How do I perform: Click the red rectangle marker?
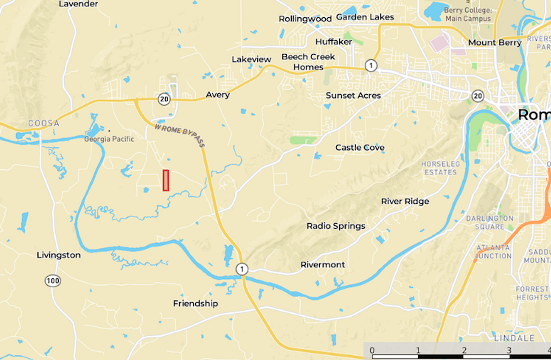click(165, 180)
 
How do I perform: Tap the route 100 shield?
click(53, 281)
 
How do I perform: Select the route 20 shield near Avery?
click(163, 99)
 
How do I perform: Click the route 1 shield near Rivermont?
click(241, 269)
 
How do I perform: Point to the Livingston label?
click(59, 255)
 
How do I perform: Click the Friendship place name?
click(195, 304)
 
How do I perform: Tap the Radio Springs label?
click(336, 226)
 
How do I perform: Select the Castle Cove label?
click(360, 148)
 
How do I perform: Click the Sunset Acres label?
click(353, 96)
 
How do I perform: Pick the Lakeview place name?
click(251, 60)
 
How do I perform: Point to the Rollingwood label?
click(305, 19)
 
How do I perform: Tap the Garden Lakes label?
click(365, 17)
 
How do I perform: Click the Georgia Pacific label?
click(109, 139)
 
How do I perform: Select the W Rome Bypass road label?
click(180, 135)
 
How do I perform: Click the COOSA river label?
click(43, 123)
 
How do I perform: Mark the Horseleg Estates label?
click(441, 168)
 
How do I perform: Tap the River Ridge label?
click(405, 201)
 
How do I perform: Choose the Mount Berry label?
click(495, 43)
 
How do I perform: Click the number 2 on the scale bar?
click(464, 350)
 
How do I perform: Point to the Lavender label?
click(78, 4)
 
